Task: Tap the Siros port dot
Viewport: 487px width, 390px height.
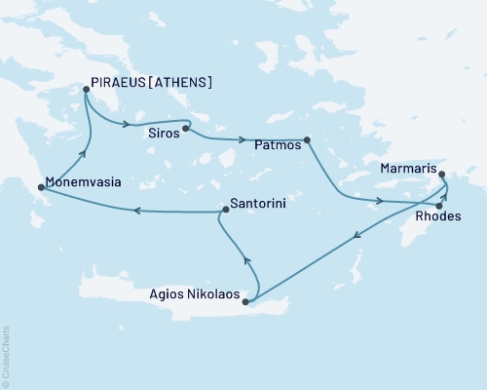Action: point(185,127)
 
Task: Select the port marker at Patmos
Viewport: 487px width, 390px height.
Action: point(307,140)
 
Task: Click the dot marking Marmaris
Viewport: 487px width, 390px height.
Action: point(443,175)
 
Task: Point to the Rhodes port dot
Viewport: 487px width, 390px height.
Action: point(439,206)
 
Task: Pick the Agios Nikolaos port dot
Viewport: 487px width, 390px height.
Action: point(245,302)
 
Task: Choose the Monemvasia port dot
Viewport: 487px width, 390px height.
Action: point(40,185)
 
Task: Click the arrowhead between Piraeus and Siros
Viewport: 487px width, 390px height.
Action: point(126,123)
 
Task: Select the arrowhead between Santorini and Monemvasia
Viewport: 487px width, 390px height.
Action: point(137,210)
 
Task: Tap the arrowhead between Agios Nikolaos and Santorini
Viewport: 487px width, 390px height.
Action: point(245,260)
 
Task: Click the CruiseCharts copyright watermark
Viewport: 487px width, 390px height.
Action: point(6,355)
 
